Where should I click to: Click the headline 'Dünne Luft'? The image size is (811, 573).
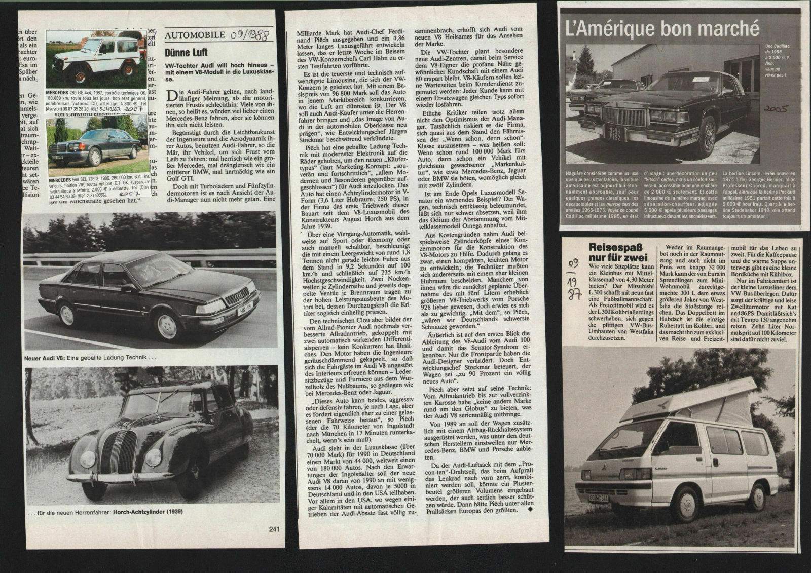pyautogui.click(x=186, y=52)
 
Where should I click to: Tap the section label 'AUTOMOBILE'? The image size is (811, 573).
pyautogui.click(x=195, y=35)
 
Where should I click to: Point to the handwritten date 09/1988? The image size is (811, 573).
pyautogui.click(x=250, y=35)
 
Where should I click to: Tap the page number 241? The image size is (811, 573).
pyautogui.click(x=274, y=529)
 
